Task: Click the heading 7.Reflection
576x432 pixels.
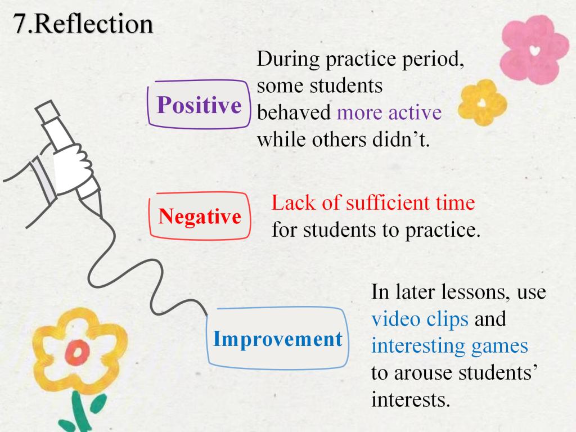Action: tap(83, 24)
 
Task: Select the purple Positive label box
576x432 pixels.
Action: tap(199, 105)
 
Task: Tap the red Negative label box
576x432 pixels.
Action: tap(200, 216)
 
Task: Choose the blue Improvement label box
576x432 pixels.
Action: tap(278, 338)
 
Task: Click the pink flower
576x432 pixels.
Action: tap(534, 50)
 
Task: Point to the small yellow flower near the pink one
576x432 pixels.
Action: tap(482, 102)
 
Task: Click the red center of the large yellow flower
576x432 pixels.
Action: tap(77, 352)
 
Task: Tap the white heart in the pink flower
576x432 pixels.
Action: tap(535, 50)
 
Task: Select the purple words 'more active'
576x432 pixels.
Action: tap(389, 112)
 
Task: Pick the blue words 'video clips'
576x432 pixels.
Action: tap(420, 319)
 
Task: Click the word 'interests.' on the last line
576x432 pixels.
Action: tap(411, 399)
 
